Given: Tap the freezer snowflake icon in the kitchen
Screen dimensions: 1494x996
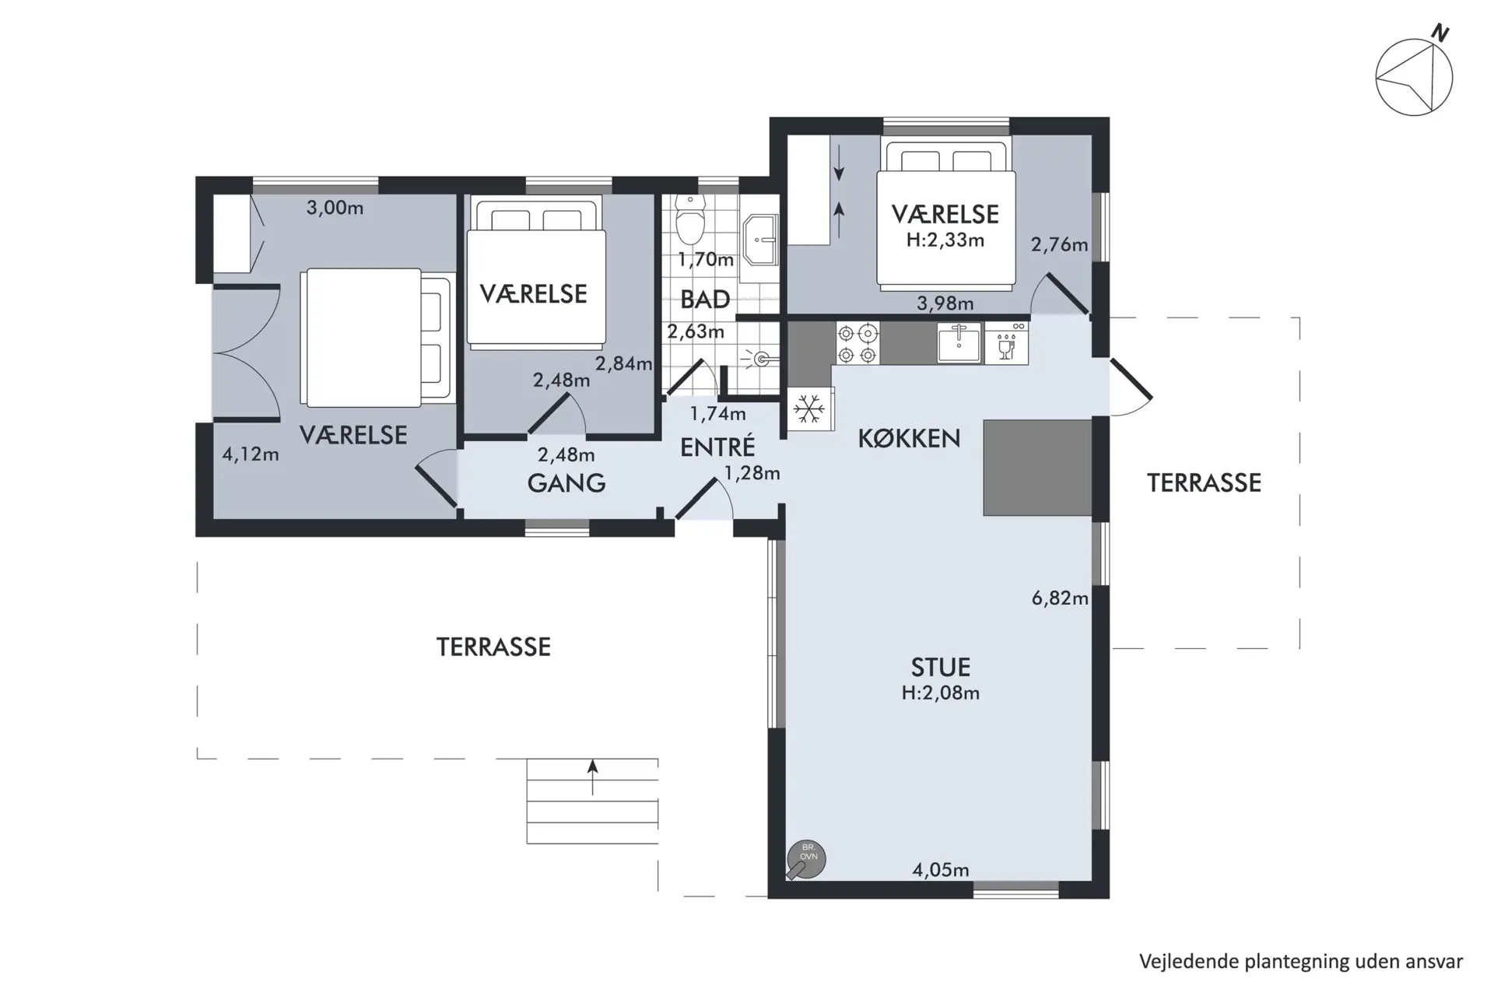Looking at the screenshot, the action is point(809,409).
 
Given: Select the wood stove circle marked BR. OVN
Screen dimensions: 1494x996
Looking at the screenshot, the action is point(806,860).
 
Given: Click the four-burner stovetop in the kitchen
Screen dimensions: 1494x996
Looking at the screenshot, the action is point(857,344).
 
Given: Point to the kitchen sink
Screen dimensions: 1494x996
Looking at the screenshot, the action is point(958,343).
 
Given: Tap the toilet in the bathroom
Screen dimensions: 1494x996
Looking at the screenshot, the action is point(689,219).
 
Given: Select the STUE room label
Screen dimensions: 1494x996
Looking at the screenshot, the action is point(940,667).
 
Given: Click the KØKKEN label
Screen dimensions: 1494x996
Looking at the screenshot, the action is point(909,438).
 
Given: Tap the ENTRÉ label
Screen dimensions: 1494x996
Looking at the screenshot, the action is point(717,446).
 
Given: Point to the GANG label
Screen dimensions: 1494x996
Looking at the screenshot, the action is point(566,482).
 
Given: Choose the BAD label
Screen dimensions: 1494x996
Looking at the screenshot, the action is point(705,299).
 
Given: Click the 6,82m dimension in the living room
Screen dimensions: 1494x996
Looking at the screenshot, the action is point(1060,598).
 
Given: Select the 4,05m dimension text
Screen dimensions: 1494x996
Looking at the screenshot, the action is point(941,869).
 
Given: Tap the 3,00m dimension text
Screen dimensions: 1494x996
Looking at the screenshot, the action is point(335,207).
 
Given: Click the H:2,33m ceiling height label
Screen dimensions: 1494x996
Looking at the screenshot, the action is point(945,240).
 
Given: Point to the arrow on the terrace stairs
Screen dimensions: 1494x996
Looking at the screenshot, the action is point(593,777).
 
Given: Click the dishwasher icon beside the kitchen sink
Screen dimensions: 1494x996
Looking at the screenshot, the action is point(1006,343).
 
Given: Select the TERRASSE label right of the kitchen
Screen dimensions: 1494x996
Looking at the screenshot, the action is point(1204,482).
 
